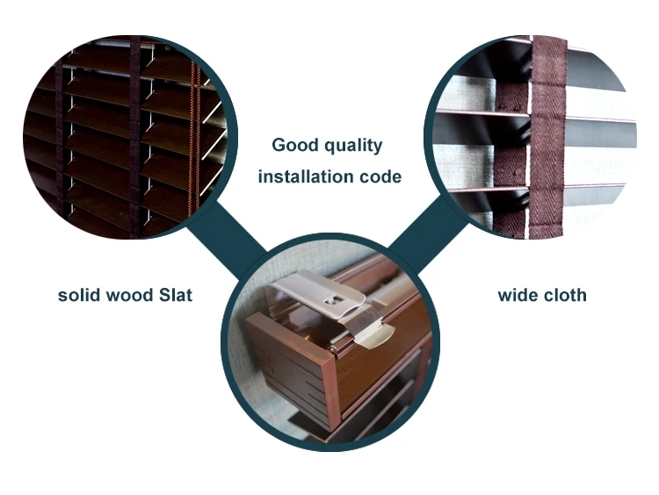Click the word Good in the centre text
click(291, 146)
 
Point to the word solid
click(80, 295)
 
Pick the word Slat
click(176, 295)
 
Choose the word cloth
click(563, 295)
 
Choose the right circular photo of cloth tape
click(536, 140)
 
